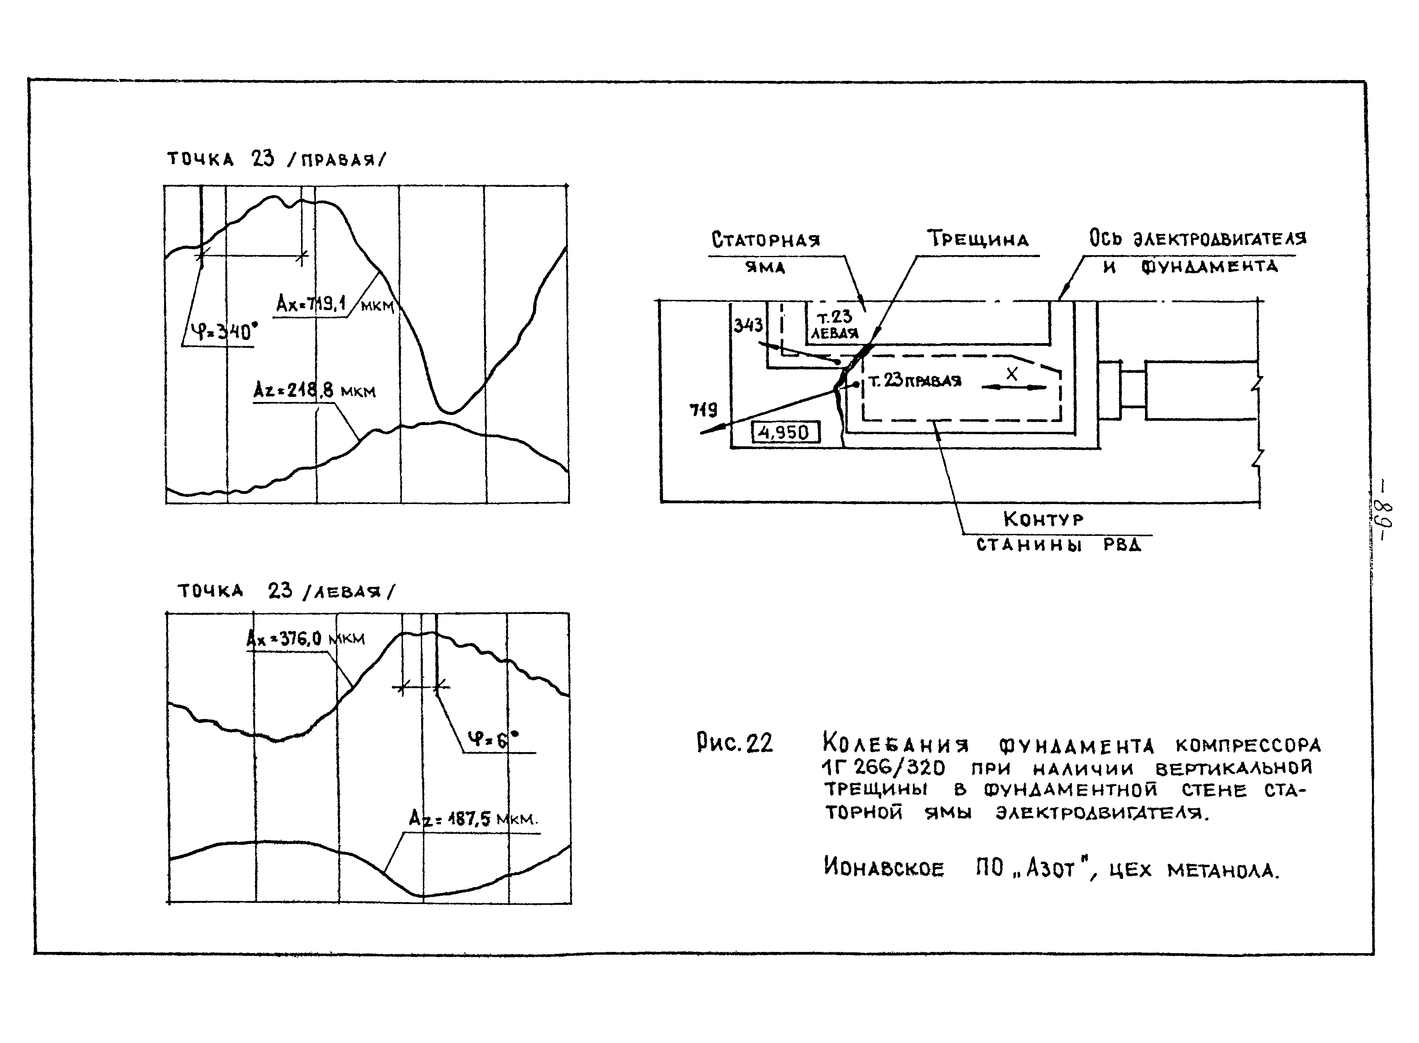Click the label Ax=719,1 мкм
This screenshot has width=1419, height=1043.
coord(334,305)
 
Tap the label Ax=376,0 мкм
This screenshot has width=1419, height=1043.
coord(305,639)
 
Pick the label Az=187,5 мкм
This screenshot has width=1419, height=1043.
coord(473,820)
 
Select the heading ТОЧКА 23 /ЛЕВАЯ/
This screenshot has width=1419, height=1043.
coord(285,592)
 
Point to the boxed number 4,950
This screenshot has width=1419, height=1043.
coord(785,433)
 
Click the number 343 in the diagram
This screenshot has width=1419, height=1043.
coord(748,325)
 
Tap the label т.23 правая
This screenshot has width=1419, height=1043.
coord(915,381)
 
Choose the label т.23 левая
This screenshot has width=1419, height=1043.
coord(835,325)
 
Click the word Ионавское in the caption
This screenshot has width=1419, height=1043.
coord(884,868)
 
